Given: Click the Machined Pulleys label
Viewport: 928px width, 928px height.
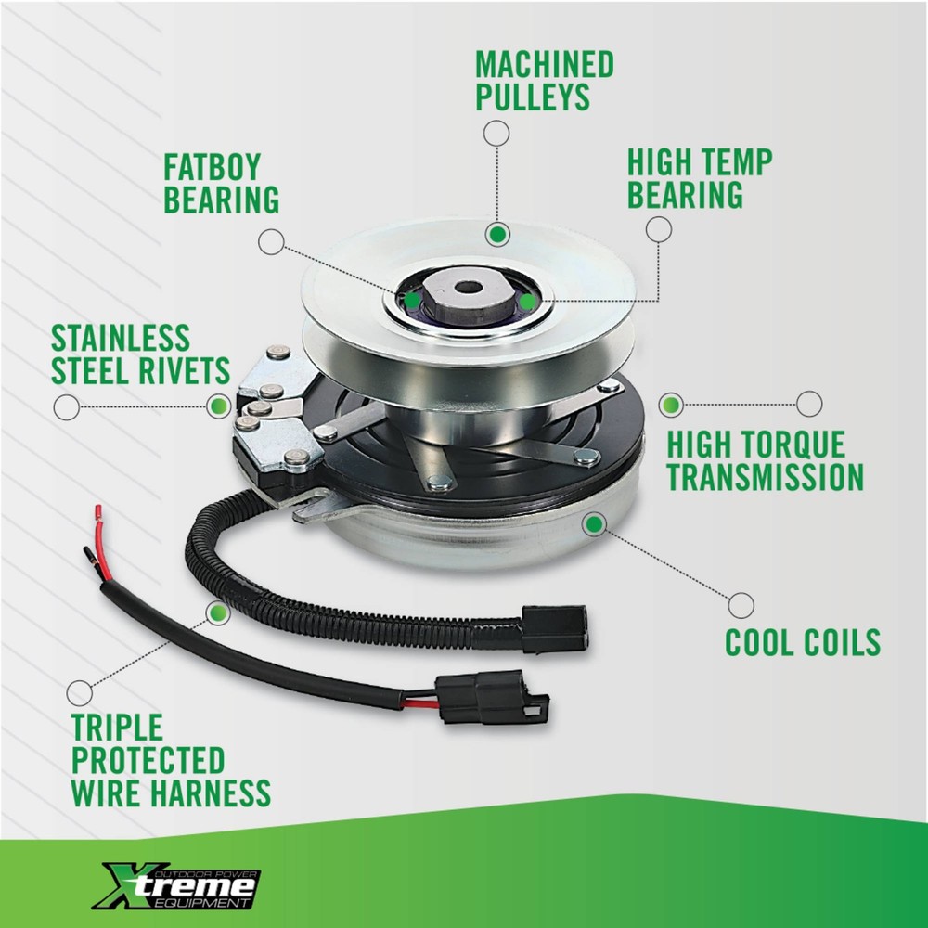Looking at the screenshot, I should tap(545, 81).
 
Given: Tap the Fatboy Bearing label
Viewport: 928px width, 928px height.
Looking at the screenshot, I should tap(221, 184).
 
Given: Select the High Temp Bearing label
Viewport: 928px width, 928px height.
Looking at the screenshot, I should tap(699, 178).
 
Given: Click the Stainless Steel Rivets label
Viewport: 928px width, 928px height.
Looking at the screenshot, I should tap(140, 354).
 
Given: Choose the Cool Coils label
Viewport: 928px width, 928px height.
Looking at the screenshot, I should tap(803, 641).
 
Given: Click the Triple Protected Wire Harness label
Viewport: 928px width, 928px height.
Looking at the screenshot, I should tap(171, 761).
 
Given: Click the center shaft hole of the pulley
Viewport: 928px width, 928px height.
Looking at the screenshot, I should tap(470, 287).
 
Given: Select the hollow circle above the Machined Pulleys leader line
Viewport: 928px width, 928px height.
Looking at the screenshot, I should tap(496, 134).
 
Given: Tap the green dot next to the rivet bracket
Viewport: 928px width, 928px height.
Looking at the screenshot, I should tap(219, 405).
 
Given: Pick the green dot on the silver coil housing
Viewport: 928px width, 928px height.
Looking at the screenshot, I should tap(594, 524).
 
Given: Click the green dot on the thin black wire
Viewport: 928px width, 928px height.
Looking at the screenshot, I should tap(218, 612).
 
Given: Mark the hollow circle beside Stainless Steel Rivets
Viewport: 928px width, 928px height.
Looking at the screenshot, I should tap(66, 406).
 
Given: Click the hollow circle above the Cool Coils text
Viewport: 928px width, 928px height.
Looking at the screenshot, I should tap(741, 605).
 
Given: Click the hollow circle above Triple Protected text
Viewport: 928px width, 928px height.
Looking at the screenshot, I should tap(80, 691).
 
